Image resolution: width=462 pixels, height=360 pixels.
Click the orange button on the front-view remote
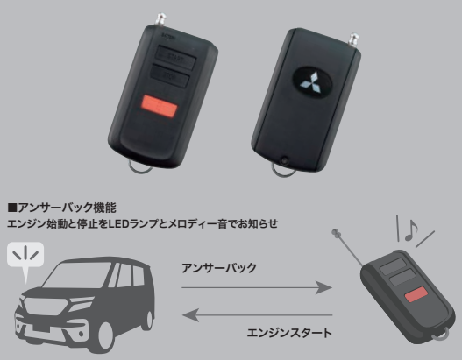[x=160, y=106]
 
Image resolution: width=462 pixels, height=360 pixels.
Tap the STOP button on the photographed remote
[x=170, y=76]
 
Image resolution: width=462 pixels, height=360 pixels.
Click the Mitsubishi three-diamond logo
[x=311, y=83]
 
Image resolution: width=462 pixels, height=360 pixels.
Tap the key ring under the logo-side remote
[x=282, y=173]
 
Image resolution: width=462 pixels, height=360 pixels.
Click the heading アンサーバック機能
[x=67, y=208]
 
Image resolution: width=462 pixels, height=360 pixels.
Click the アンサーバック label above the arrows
[x=219, y=268]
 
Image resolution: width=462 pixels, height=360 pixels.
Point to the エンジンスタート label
[x=289, y=333]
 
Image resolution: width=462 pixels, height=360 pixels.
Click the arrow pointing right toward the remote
[x=257, y=287]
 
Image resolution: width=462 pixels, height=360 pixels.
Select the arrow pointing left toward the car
[x=258, y=315]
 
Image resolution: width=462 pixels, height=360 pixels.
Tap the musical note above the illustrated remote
[x=411, y=230]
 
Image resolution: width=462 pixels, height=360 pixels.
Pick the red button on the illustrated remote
[x=416, y=294]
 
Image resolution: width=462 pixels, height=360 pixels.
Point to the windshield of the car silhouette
[x=77, y=275]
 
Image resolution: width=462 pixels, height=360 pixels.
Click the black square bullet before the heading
[x=12, y=208]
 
